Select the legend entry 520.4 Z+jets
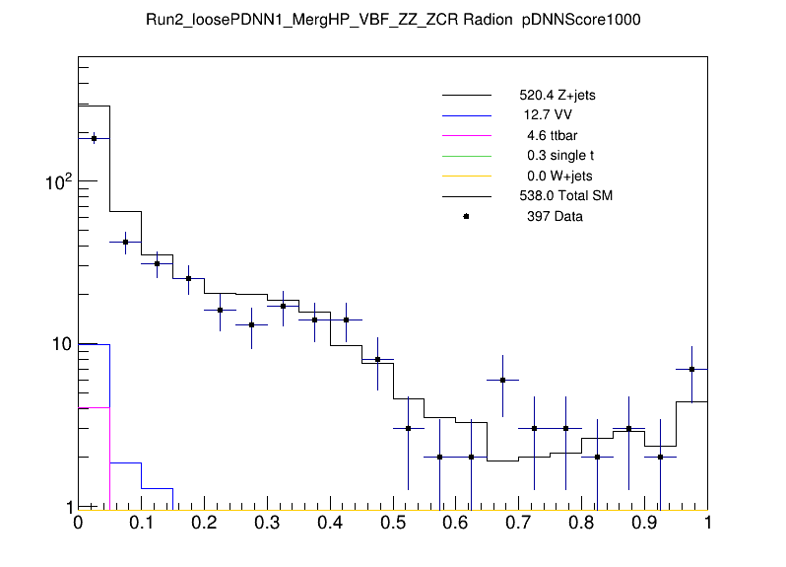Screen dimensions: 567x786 557,97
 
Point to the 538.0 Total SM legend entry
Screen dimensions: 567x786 566,196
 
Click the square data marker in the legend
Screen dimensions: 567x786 466,216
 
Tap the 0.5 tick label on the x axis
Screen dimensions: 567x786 392,524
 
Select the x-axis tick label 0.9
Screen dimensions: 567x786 644,524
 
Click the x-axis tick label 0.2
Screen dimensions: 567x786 204,524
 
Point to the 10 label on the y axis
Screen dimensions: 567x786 59,344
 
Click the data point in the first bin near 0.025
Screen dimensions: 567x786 94,139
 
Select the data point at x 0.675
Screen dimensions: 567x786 502,380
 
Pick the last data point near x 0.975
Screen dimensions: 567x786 691,369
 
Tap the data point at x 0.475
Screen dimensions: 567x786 377,360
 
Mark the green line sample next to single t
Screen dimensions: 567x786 466,156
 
